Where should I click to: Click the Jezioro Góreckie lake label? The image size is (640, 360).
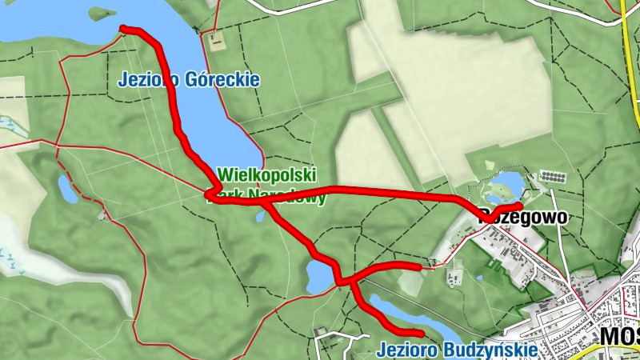click(189, 80)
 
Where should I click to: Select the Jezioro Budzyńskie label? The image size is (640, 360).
click(455, 350)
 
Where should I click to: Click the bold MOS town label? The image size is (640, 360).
click(620, 336)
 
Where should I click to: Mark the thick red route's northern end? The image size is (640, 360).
click(124, 30)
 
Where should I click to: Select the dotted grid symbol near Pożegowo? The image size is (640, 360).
click(553, 175)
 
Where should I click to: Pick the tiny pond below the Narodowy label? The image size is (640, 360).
click(259, 214)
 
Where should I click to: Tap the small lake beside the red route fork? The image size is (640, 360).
click(318, 277)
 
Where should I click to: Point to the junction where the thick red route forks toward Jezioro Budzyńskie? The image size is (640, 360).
click(350, 282)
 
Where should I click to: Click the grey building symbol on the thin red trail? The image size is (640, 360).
click(102, 215)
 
